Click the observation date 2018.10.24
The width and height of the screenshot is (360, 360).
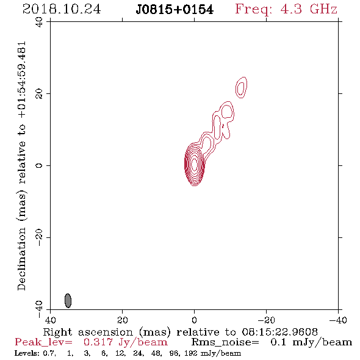click(x=62, y=9)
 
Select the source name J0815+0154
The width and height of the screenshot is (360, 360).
click(x=175, y=10)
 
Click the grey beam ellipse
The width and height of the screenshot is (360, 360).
click(x=68, y=300)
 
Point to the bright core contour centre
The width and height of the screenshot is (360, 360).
click(x=195, y=164)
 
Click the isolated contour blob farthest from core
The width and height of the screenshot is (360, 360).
click(x=241, y=87)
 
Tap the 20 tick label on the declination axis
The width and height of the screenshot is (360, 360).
click(x=39, y=94)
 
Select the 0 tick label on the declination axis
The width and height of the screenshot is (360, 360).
click(x=39, y=165)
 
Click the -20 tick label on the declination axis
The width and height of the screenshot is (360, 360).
click(x=39, y=237)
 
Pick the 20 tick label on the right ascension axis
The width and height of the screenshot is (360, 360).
click(x=123, y=320)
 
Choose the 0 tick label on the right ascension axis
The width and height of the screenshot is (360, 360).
click(x=195, y=320)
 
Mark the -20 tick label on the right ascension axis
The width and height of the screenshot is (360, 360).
click(x=266, y=320)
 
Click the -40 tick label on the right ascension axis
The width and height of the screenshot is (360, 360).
click(x=338, y=320)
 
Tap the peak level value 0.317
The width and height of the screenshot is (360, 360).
click(x=98, y=342)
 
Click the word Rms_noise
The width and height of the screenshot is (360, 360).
click(x=225, y=342)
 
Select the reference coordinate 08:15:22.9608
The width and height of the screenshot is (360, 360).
click(x=280, y=332)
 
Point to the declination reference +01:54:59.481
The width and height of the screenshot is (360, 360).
click(x=22, y=80)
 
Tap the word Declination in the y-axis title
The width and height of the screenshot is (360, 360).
click(x=21, y=259)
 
